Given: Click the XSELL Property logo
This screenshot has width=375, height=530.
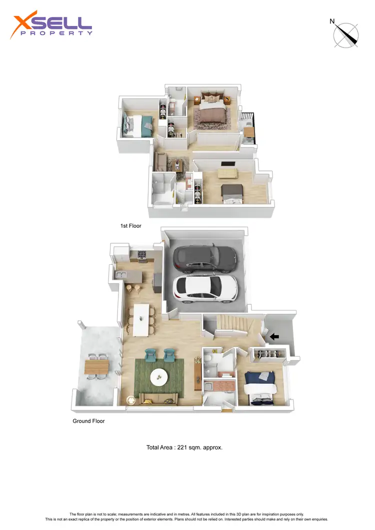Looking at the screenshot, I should [51, 26].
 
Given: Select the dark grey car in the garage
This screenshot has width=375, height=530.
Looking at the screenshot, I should [205, 258].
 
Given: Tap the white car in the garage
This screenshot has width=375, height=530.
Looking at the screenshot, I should [204, 289].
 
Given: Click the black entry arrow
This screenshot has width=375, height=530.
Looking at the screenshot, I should [274, 337].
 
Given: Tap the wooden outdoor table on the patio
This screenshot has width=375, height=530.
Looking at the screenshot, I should [96, 367].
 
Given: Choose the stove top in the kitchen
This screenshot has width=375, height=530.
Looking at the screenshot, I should [141, 256].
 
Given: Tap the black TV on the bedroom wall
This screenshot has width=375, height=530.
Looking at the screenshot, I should [227, 164].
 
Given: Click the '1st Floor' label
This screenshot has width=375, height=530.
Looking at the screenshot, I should [131, 226].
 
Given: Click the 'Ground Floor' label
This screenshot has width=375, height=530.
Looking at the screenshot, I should [88, 421].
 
